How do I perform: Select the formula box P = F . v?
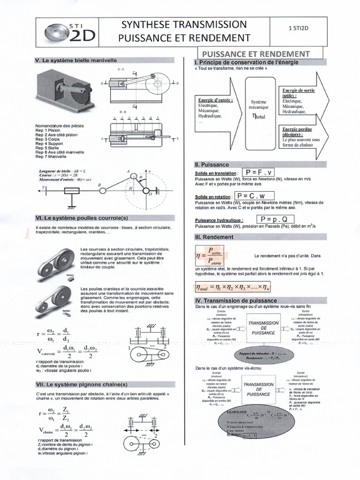(x=265, y=172)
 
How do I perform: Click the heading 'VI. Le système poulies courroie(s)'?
(x=82, y=218)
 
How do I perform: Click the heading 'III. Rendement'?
(x=214, y=237)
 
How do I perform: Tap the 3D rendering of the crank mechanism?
(x=66, y=90)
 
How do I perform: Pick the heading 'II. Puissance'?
(x=212, y=165)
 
